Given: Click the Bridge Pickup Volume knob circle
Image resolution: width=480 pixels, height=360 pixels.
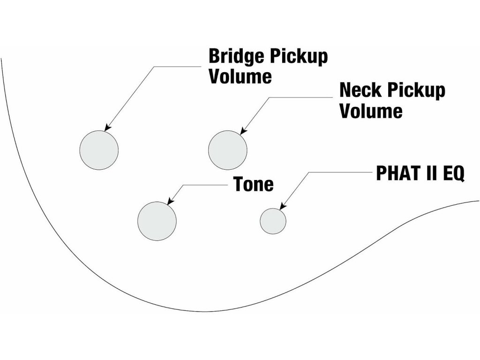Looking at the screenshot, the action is [99, 150].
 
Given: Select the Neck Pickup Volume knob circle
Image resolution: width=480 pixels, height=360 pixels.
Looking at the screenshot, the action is [228, 150].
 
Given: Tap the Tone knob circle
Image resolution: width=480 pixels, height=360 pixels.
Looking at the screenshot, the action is [157, 221].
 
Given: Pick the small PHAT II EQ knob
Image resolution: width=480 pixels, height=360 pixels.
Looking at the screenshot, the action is [273, 221].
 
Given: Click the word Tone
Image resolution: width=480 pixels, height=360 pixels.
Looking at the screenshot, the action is [254, 184].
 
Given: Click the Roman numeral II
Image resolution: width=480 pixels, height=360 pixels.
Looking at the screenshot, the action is [431, 173].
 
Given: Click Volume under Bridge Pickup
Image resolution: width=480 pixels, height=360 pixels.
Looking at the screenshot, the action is [240, 76].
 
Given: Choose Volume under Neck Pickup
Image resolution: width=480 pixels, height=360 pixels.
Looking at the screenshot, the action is [371, 111].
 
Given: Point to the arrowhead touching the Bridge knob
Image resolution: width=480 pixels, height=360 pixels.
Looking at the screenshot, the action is [107, 128].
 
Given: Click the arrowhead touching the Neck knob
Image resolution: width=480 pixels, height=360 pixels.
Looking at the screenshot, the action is [243, 131].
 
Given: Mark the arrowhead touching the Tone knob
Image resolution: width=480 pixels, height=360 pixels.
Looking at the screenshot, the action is [170, 202].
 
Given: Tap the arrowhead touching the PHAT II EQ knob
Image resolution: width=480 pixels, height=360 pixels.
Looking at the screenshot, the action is [283, 206].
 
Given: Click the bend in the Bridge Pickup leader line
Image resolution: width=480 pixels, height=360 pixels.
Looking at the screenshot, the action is [154, 67].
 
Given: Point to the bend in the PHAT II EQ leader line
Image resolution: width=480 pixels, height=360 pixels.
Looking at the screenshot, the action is [308, 172].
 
